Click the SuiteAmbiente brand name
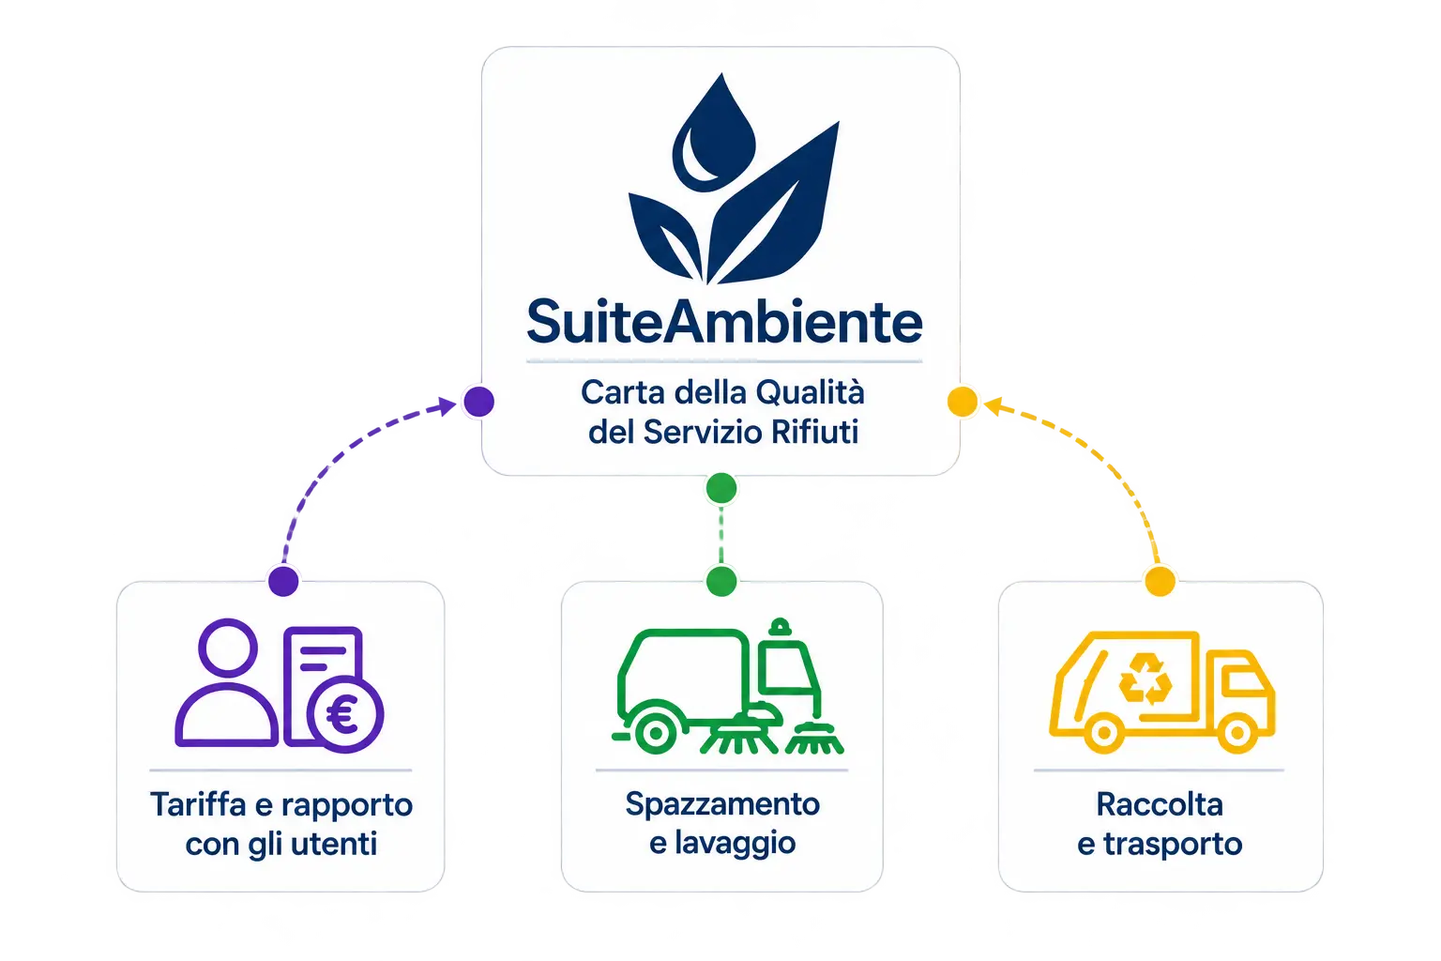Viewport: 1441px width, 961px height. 724,322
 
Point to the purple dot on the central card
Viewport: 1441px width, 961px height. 479,402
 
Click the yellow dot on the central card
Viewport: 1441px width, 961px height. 963,402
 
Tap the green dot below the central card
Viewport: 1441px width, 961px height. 721,488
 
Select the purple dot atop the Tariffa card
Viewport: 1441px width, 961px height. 283,581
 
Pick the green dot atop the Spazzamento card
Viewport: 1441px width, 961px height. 721,581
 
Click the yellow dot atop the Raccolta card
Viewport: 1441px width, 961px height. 1160,581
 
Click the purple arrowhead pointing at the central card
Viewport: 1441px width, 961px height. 447,406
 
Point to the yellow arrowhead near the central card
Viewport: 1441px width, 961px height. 994,406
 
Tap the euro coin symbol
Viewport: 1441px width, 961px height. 345,714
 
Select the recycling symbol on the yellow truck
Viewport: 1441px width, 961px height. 1145,679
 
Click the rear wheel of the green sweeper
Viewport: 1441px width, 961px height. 656,732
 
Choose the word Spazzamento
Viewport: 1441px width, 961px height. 722,805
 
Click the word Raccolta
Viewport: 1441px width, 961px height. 1160,804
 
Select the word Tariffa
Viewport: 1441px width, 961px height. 198,804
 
